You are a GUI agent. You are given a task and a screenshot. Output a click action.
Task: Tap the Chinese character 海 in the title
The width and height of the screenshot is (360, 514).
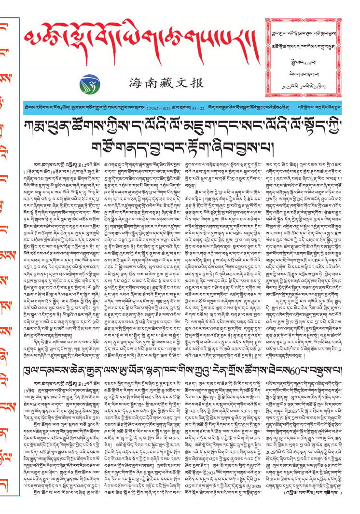(x=135, y=83)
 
